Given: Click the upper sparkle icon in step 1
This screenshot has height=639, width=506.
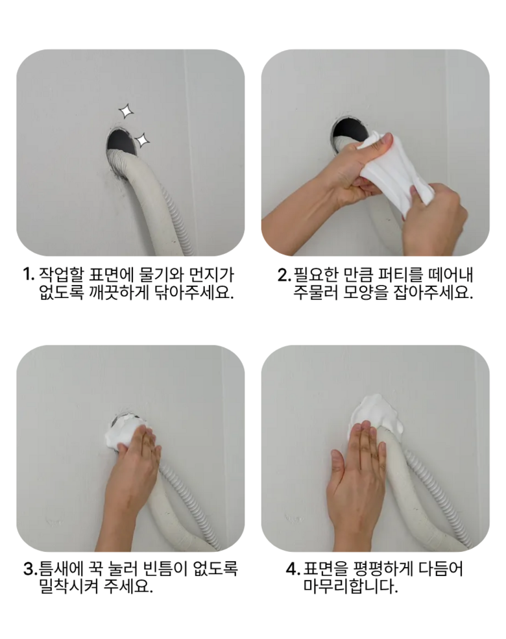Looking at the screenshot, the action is pyautogui.click(x=126, y=111).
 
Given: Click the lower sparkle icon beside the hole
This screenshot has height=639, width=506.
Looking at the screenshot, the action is pyautogui.click(x=141, y=140).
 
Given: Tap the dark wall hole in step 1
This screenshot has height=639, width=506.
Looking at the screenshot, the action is pyautogui.click(x=121, y=141).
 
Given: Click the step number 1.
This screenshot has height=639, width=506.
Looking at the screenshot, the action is pyautogui.click(x=28, y=274).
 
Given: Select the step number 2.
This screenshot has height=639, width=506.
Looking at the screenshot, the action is pyautogui.click(x=283, y=275).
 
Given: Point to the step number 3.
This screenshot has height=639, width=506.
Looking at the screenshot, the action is pyautogui.click(x=29, y=569).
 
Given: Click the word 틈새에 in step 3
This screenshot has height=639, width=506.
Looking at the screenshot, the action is pyautogui.click(x=62, y=568).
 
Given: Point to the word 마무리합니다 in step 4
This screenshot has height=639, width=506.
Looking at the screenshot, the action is pyautogui.click(x=350, y=586).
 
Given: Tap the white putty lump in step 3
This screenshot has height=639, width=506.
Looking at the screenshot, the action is pyautogui.click(x=122, y=434).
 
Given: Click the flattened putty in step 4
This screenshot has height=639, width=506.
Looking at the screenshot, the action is pyautogui.click(x=376, y=414).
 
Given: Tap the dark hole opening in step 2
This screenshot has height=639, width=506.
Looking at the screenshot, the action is pyautogui.click(x=350, y=130).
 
